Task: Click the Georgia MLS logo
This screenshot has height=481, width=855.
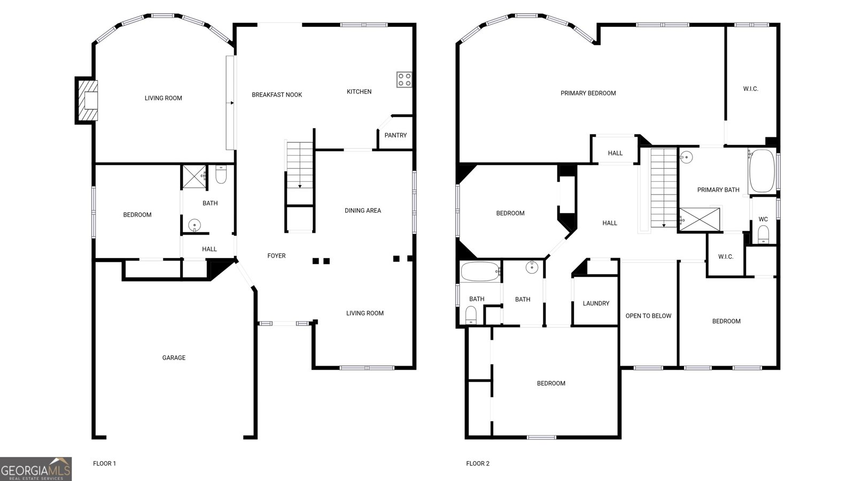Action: (x=35, y=469)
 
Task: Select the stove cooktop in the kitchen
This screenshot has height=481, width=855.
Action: (x=404, y=80)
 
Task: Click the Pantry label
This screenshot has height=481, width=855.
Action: (x=395, y=135)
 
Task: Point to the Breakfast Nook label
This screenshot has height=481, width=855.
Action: (x=277, y=95)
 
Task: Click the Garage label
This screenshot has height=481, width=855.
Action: (x=174, y=358)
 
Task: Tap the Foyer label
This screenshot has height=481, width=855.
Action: (x=276, y=256)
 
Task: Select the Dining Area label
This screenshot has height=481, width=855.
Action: (x=362, y=211)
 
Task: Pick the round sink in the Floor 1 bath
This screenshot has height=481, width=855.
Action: (x=195, y=225)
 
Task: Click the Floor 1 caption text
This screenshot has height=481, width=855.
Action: (x=104, y=463)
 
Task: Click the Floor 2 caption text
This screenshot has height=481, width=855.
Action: (x=477, y=463)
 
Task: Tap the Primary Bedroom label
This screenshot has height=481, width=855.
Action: (x=588, y=93)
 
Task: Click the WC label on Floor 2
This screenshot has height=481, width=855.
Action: (x=763, y=219)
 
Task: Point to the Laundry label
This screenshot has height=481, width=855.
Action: (x=596, y=304)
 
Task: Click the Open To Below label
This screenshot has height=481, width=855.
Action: (x=648, y=316)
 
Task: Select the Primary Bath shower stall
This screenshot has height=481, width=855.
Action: (x=699, y=220)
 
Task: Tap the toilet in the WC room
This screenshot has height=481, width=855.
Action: (x=764, y=234)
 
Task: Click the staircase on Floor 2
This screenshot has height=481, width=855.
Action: (x=664, y=187)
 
